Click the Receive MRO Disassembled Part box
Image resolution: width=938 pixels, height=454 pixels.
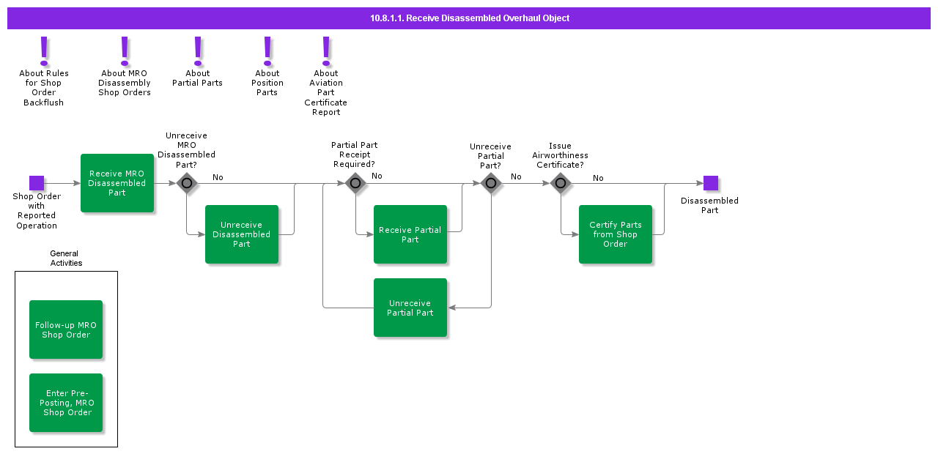[x=117, y=183]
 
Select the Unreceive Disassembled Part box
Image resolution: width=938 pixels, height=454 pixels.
[x=242, y=234]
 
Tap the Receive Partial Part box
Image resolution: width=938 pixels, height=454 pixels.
[x=410, y=234]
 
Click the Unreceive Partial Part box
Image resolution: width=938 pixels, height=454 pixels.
[x=410, y=308]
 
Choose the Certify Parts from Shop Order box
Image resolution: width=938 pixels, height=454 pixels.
[x=616, y=234]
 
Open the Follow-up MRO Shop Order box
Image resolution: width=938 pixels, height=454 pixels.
[x=66, y=330]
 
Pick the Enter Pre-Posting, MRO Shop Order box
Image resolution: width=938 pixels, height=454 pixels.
[x=66, y=403]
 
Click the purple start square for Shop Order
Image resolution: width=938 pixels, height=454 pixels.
[x=37, y=183]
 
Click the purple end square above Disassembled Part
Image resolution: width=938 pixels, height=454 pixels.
[x=710, y=183]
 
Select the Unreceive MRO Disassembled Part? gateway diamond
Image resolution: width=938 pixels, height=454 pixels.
[x=187, y=183]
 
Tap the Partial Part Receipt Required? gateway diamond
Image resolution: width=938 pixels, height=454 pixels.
[x=355, y=183]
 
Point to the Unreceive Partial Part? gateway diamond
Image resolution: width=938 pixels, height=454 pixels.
[x=491, y=183]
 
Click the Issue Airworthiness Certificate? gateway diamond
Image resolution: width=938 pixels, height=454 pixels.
[x=561, y=183]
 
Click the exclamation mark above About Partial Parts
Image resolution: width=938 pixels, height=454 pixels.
[x=198, y=51]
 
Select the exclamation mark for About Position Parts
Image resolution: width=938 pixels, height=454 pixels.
[x=267, y=51]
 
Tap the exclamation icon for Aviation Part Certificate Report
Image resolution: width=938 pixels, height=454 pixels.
[x=326, y=51]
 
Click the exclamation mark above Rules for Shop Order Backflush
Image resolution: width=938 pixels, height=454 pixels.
[x=45, y=51]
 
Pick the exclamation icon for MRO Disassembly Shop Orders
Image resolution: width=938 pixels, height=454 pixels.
[x=125, y=51]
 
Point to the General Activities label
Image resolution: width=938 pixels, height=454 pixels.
[x=66, y=258]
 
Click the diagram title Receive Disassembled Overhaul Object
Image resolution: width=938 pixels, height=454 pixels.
[x=469, y=18]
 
